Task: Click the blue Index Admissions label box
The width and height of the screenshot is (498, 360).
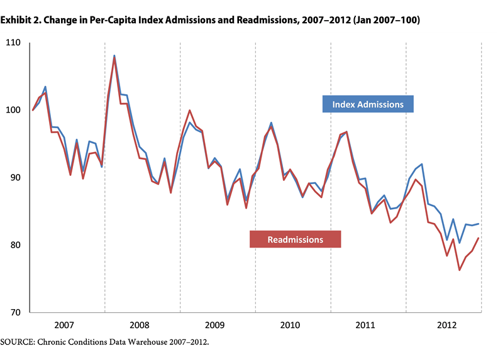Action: point(368,104)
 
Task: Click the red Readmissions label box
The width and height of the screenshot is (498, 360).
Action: point(295,239)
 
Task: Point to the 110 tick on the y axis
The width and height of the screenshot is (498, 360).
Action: point(13,43)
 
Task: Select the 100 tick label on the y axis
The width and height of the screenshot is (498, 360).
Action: point(13,110)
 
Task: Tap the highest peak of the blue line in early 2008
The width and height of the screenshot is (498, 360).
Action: point(114,55)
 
